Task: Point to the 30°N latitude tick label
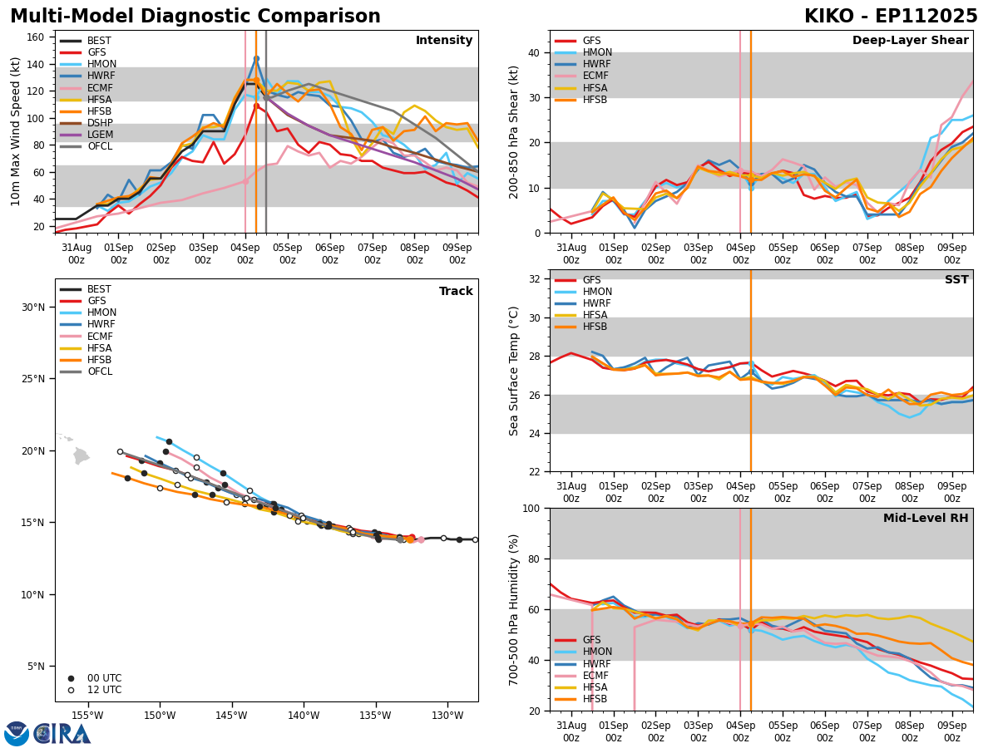[33, 308]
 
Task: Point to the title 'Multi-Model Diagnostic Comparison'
[195, 17]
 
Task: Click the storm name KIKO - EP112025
[891, 17]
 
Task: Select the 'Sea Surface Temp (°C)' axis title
[514, 371]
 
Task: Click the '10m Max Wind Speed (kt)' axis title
[17, 131]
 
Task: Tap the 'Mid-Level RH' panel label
[926, 519]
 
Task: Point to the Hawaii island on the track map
[81, 455]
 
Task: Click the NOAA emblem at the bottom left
[17, 733]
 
